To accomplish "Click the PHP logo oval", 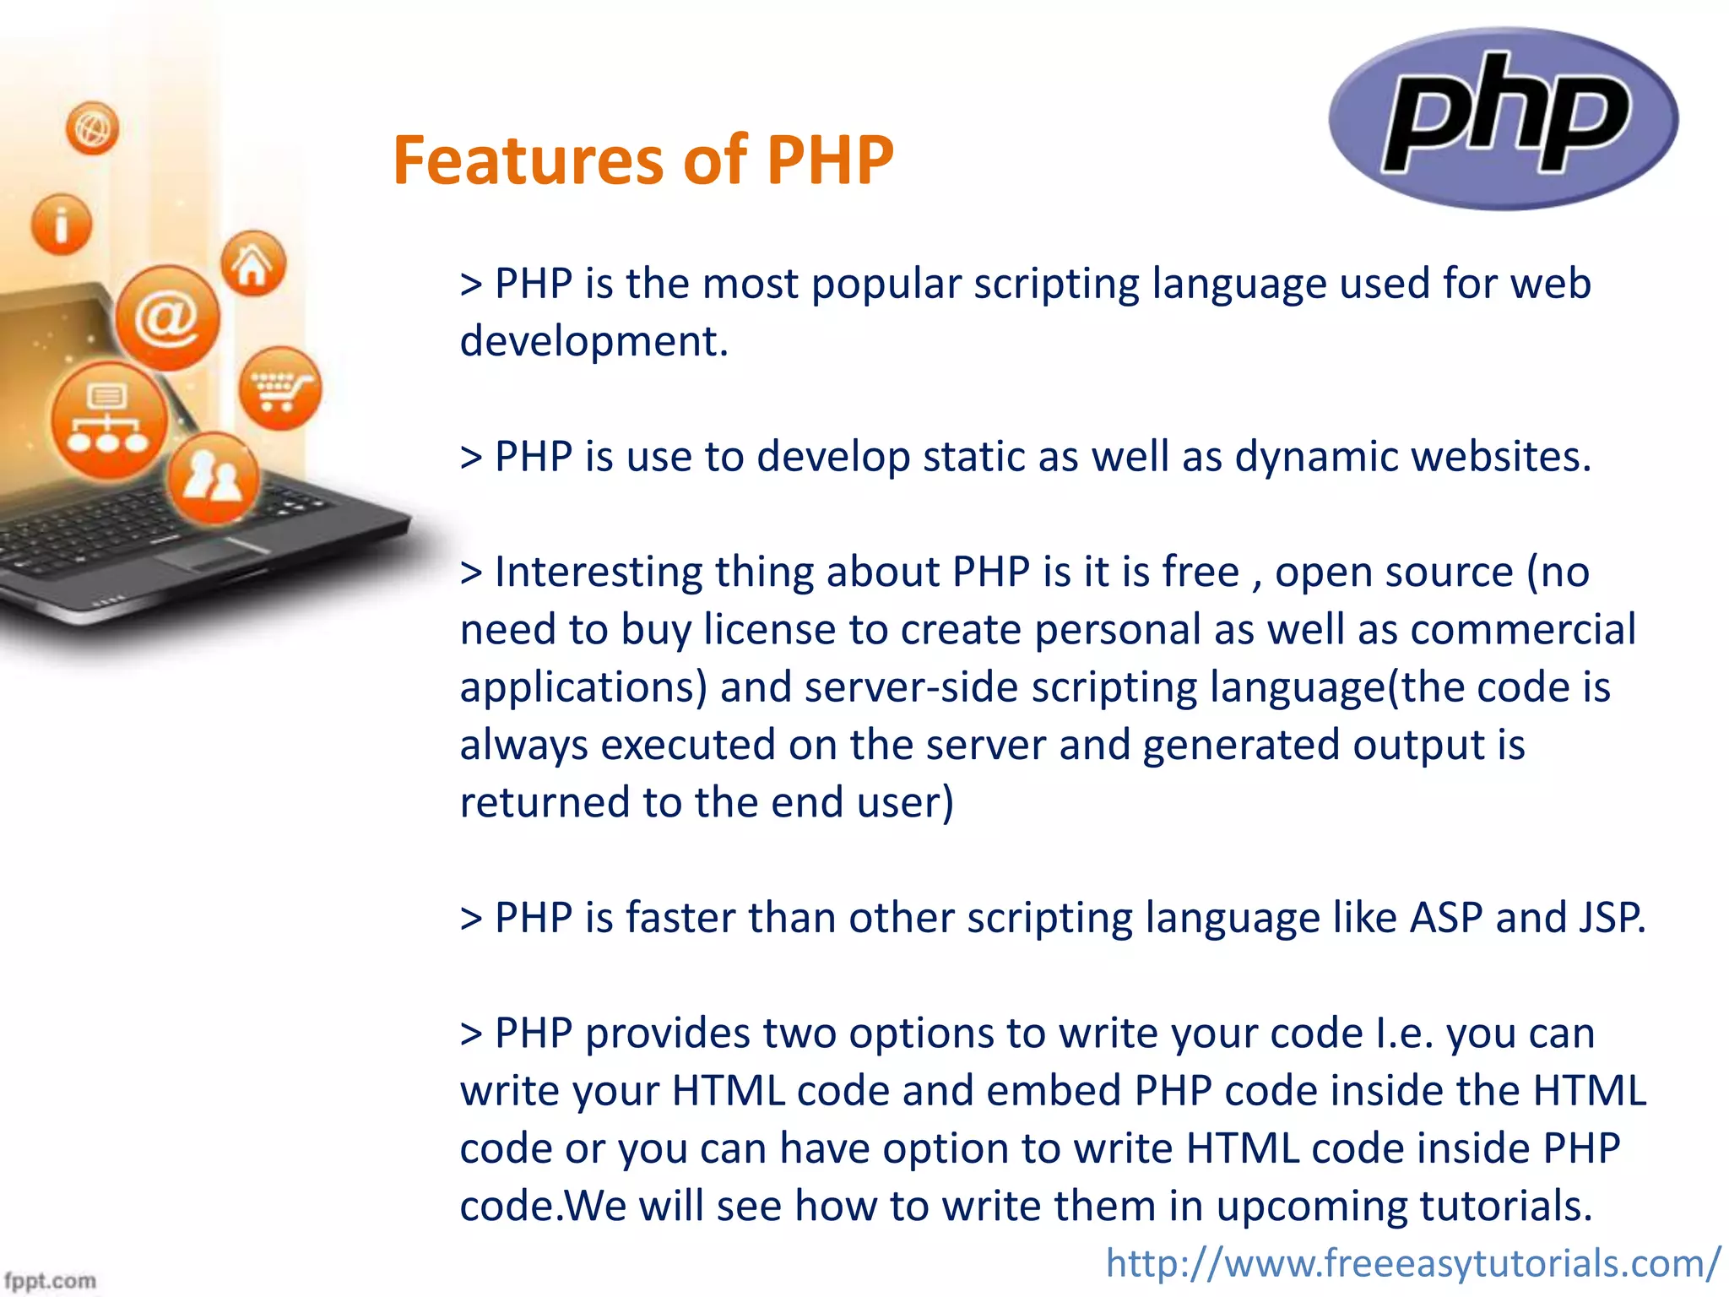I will pos(1504,117).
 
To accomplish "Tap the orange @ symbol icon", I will pos(167,317).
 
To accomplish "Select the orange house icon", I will pos(252,264).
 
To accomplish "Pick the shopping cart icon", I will pos(279,388).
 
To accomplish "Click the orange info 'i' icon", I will pos(61,225).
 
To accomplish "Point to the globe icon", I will pos(92,128).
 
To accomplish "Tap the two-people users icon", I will pos(213,479).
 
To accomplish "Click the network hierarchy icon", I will pos(108,420).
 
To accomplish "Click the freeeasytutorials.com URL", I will pos(1412,1263).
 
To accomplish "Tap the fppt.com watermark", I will pos(51,1280).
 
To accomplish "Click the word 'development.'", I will pos(593,342).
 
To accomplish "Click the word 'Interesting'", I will pos(598,573).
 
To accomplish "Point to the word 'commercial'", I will pos(1522,630).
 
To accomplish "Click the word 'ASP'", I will pos(1445,918).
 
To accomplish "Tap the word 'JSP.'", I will pos(1611,918).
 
